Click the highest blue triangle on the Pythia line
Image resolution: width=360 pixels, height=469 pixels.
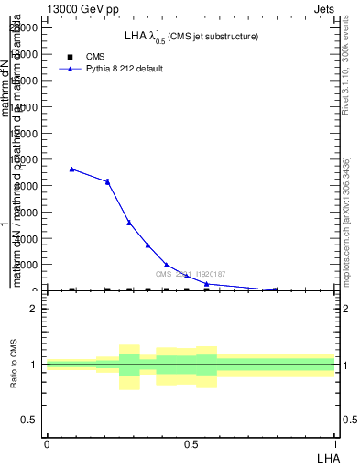pos(72,169)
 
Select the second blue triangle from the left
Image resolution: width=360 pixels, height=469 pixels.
pos(107,181)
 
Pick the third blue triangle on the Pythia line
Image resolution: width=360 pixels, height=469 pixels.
pos(129,223)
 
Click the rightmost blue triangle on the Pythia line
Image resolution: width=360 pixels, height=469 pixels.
pos(276,289)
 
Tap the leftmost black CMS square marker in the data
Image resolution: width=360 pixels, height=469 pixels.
pos(72,289)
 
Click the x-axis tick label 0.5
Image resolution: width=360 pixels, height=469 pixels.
pos(191,444)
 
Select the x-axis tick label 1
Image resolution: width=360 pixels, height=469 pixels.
pos(335,444)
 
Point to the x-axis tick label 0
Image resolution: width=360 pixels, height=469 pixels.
pos(47,444)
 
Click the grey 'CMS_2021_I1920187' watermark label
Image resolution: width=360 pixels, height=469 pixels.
pos(191,274)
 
